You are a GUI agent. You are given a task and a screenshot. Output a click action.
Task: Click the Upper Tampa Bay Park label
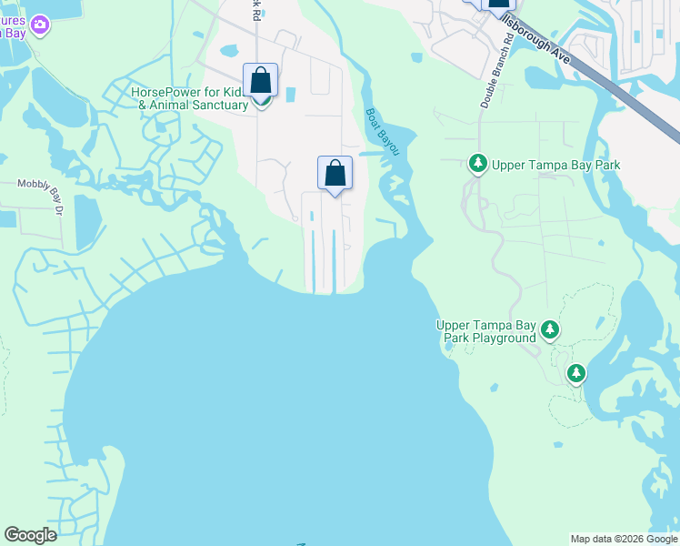point(555,165)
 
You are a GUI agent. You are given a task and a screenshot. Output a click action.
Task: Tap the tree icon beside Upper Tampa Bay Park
point(477,164)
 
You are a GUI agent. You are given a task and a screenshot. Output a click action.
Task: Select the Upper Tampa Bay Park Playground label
point(486,331)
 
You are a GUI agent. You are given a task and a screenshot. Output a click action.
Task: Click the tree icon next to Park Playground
point(550,329)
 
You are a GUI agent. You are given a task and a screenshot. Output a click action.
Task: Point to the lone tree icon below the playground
point(576,372)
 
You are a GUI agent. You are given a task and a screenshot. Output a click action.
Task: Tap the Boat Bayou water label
point(382,131)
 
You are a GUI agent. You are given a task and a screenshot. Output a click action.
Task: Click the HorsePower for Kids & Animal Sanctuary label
point(189,98)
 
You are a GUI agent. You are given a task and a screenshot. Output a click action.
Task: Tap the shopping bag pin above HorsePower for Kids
point(261,80)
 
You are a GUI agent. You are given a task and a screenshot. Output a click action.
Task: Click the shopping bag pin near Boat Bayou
point(335,173)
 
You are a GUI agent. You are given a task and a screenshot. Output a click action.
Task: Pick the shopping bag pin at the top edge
point(499,5)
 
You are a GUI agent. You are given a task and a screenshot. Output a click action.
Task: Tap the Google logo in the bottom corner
point(30,535)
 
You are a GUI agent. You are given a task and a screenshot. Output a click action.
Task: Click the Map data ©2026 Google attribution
point(625,539)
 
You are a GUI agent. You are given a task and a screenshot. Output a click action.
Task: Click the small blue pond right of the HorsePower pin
point(291,94)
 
